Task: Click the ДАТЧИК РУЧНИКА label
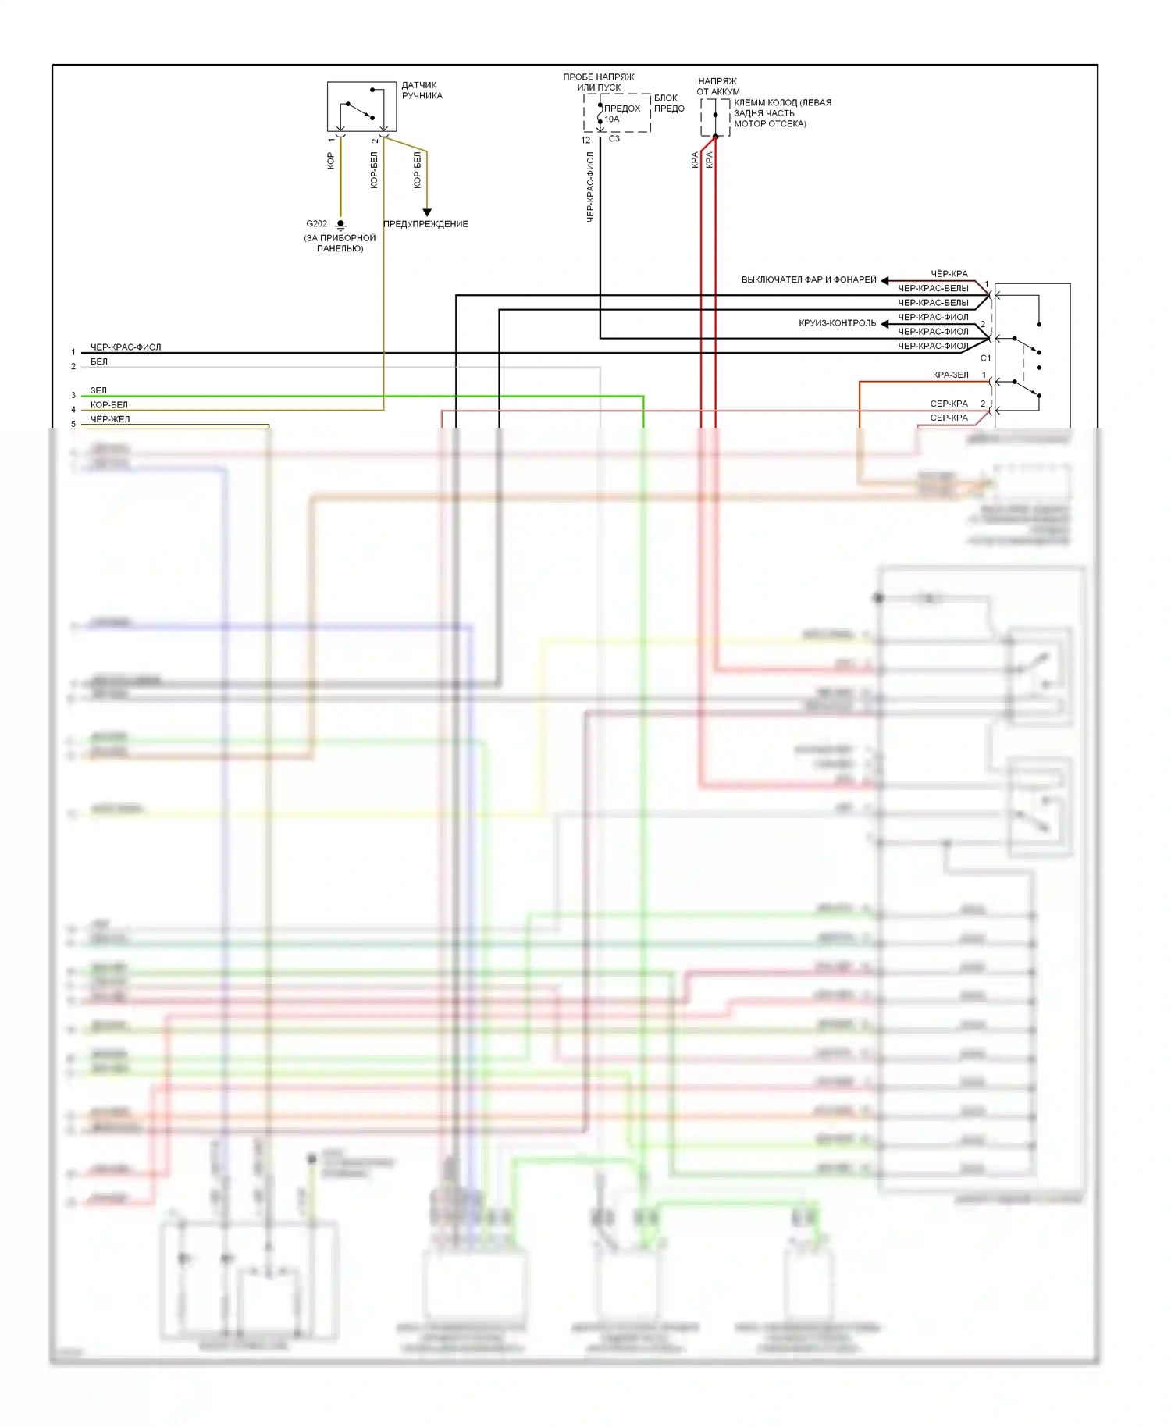(x=422, y=91)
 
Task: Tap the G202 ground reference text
(x=316, y=224)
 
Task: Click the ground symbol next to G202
(x=340, y=225)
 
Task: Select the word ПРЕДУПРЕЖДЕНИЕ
(x=425, y=224)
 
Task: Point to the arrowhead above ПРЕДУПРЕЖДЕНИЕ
(x=427, y=212)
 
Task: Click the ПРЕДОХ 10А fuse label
(x=621, y=114)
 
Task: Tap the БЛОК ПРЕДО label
(x=668, y=103)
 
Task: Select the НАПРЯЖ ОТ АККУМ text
(x=717, y=86)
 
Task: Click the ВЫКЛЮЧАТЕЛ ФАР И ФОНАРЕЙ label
(x=809, y=279)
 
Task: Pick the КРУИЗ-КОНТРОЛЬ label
(x=837, y=323)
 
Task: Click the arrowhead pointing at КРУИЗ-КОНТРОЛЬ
(x=885, y=323)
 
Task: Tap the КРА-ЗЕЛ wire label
(x=950, y=375)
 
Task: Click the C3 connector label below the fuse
(x=614, y=139)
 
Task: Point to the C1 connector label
(x=985, y=358)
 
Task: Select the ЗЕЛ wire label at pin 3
(x=98, y=390)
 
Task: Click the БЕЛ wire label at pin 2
(x=99, y=361)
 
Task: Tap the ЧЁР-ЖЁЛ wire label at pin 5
(x=110, y=419)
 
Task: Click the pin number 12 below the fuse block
(x=585, y=141)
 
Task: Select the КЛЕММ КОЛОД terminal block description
(x=781, y=113)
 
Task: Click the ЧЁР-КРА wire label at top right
(x=949, y=274)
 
